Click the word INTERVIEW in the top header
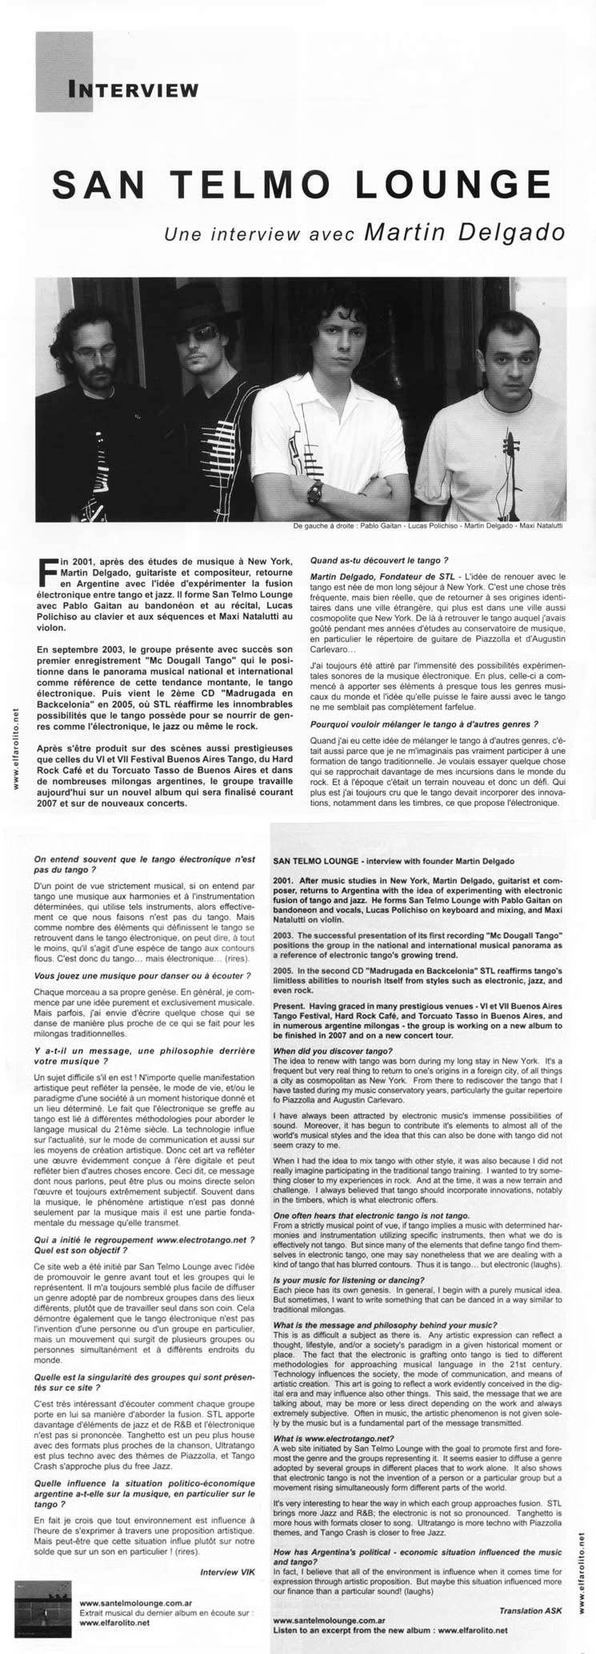[133, 89]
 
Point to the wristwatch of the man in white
[314, 490]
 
